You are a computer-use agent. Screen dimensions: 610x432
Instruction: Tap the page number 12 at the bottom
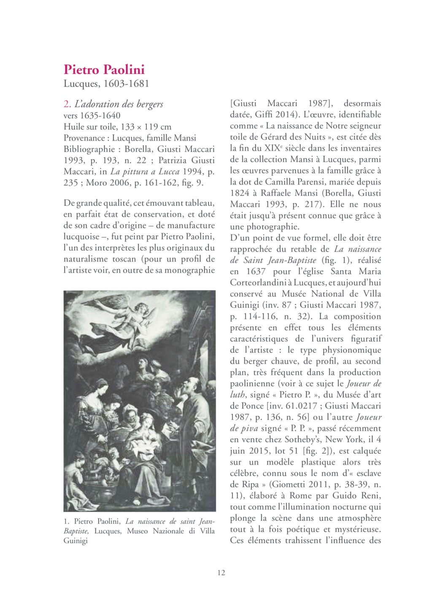221,573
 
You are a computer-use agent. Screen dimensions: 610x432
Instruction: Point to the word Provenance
84,138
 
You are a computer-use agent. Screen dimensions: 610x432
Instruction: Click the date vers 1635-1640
92,115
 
